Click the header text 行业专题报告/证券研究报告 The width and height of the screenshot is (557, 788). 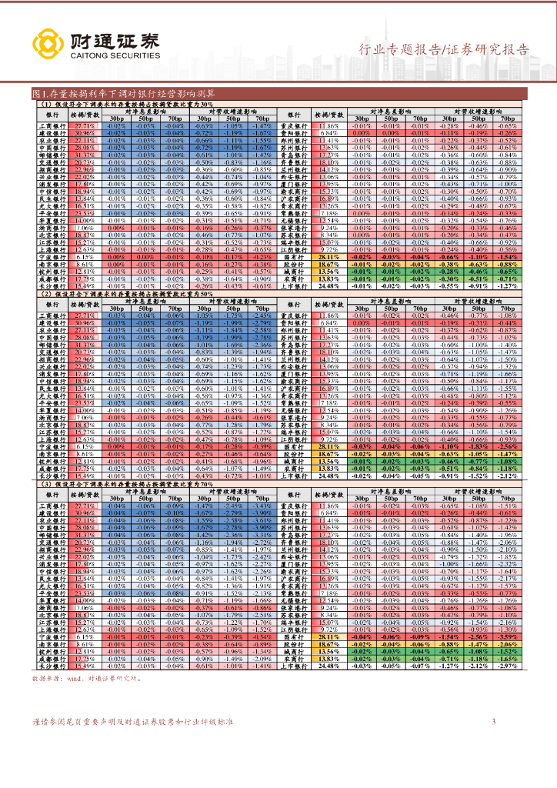[445, 50]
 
